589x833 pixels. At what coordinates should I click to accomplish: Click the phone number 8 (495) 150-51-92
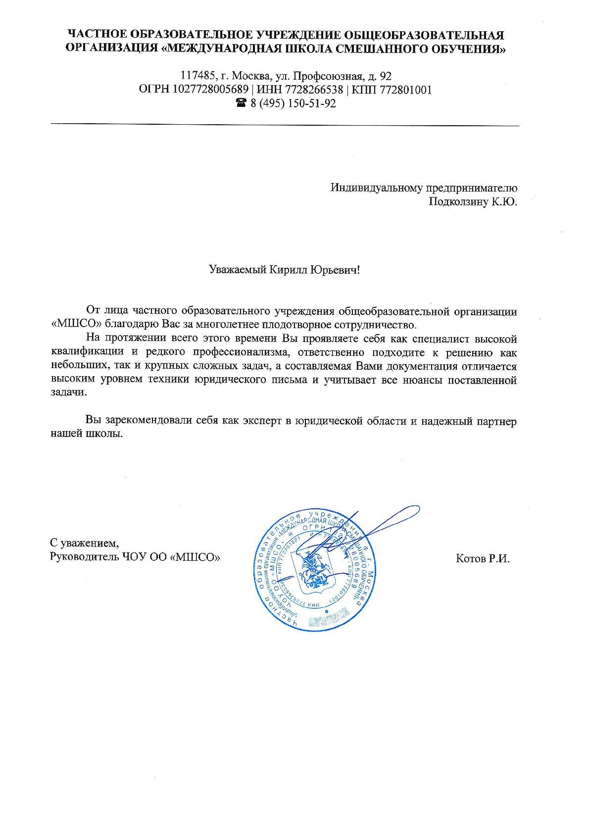[293, 104]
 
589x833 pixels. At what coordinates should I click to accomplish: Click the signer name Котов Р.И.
[482, 559]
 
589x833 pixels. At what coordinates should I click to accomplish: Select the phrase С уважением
[85, 542]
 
